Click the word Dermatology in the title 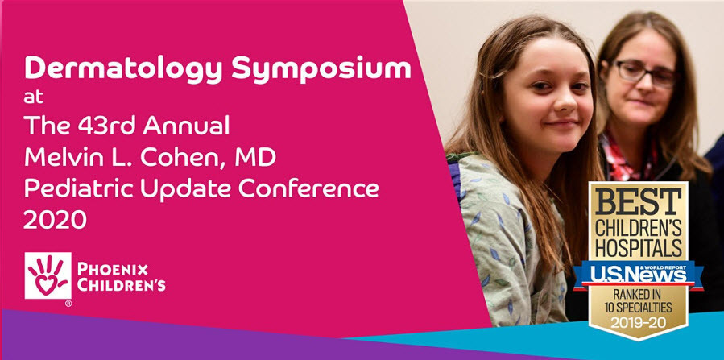click(x=124, y=68)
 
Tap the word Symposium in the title click(x=321, y=68)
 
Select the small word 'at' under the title click(x=34, y=97)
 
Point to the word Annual click(x=187, y=126)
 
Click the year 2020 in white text click(x=55, y=221)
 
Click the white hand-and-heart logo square click(x=48, y=275)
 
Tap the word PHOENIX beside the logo click(x=113, y=269)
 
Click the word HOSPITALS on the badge click(x=639, y=248)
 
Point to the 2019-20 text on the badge click(x=638, y=322)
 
